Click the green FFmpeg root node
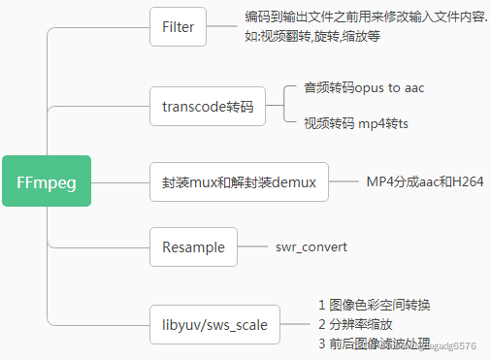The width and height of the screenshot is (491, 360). pyautogui.click(x=47, y=180)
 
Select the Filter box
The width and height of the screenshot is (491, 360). pyautogui.click(x=179, y=27)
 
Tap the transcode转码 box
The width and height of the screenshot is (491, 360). pyautogui.click(x=208, y=106)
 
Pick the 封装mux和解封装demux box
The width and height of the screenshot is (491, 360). pyautogui.click(x=240, y=181)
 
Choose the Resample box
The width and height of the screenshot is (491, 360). pyautogui.click(x=193, y=246)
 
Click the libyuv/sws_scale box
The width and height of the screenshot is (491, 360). pyautogui.click(x=214, y=323)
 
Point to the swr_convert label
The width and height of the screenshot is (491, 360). pyautogui.click(x=311, y=247)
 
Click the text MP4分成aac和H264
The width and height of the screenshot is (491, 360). pyautogui.click(x=424, y=181)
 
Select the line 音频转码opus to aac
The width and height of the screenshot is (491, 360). pyautogui.click(x=364, y=88)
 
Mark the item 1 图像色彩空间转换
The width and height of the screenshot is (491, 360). pyautogui.click(x=374, y=305)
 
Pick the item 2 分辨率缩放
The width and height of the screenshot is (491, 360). pyautogui.click(x=355, y=324)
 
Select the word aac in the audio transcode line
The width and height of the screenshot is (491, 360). pyautogui.click(x=413, y=88)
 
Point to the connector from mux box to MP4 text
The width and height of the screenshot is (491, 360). pyautogui.click(x=344, y=181)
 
